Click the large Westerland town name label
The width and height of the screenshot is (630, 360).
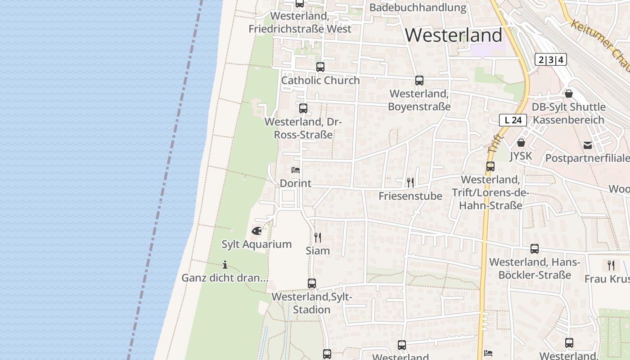[x=454, y=35]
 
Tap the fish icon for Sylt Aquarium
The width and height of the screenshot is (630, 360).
[x=256, y=231]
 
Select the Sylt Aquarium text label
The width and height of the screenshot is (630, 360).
[x=256, y=244]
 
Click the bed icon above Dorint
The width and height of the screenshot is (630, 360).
[x=296, y=170]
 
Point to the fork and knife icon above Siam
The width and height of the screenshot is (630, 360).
[x=318, y=237]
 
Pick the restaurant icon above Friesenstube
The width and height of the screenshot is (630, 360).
[x=410, y=182]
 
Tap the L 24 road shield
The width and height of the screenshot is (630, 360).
[x=513, y=120]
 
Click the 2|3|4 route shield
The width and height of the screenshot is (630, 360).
[x=551, y=59]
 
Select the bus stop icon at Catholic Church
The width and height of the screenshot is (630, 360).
[x=320, y=67]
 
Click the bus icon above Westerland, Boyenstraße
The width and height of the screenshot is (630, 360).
[x=419, y=81]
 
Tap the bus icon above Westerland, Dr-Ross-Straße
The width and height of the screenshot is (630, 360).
[x=303, y=108]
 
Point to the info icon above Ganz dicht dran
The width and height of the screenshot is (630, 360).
[x=225, y=265]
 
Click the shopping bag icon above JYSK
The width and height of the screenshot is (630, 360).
[x=521, y=143]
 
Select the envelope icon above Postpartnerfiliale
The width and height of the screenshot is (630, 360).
[x=588, y=145]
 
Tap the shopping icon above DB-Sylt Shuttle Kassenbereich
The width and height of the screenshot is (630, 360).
[x=569, y=94]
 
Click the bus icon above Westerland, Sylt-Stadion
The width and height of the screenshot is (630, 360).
[x=312, y=283]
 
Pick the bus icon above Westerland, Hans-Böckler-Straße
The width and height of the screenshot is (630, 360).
[x=535, y=249]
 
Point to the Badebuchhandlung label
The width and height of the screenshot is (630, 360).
[x=418, y=8]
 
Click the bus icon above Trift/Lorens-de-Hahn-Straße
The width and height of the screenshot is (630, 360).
[x=490, y=166]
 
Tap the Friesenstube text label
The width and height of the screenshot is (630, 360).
[x=410, y=196]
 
